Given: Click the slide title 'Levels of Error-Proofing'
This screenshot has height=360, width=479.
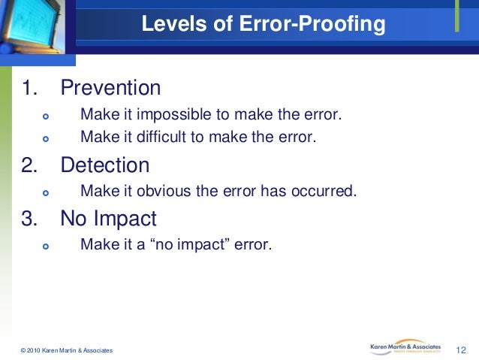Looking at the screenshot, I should point(264,26).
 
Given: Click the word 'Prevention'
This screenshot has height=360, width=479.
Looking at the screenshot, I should point(110,88).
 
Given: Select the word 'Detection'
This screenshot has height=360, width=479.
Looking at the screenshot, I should point(105,165).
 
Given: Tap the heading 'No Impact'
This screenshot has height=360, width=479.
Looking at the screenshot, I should point(109,219).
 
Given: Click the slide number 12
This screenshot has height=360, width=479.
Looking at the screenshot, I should point(462,350).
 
